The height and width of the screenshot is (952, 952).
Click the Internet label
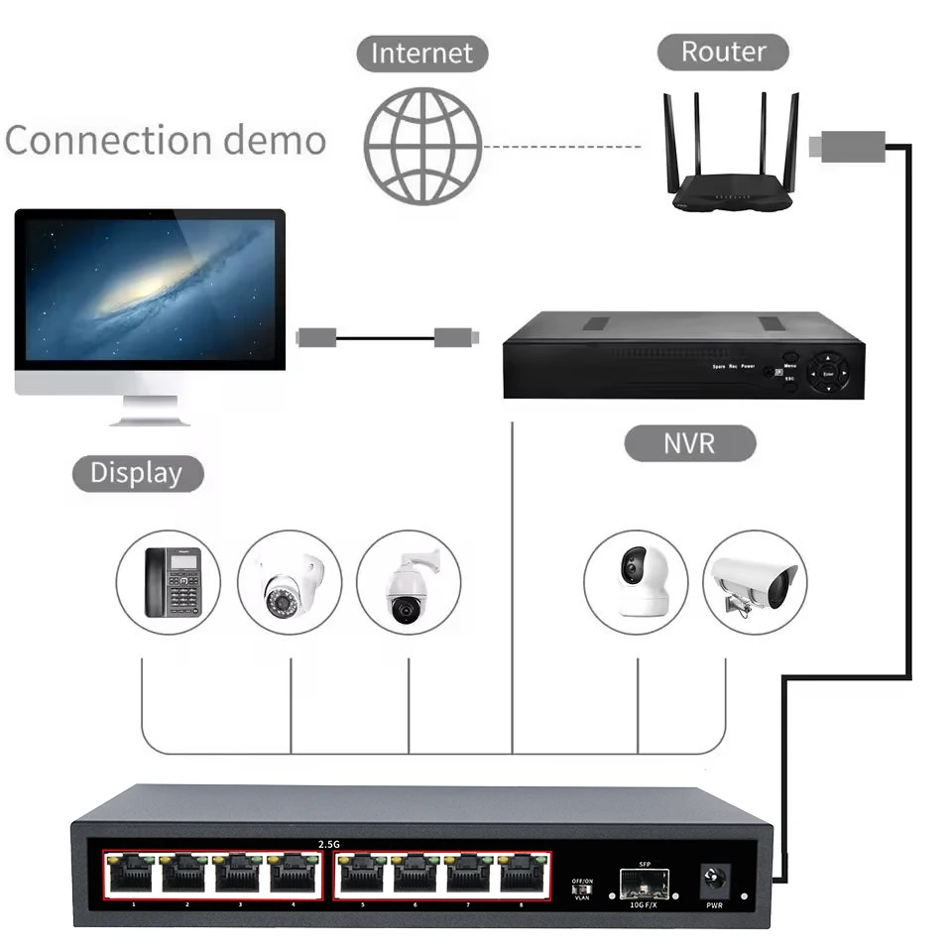coord(421,53)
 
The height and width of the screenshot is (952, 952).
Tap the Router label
coord(723,52)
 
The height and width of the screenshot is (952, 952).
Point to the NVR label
coord(689,442)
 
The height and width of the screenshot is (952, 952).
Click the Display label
coord(137,473)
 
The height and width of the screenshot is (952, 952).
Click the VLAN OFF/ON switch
coord(583,890)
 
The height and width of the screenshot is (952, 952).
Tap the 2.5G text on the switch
coord(329,844)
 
